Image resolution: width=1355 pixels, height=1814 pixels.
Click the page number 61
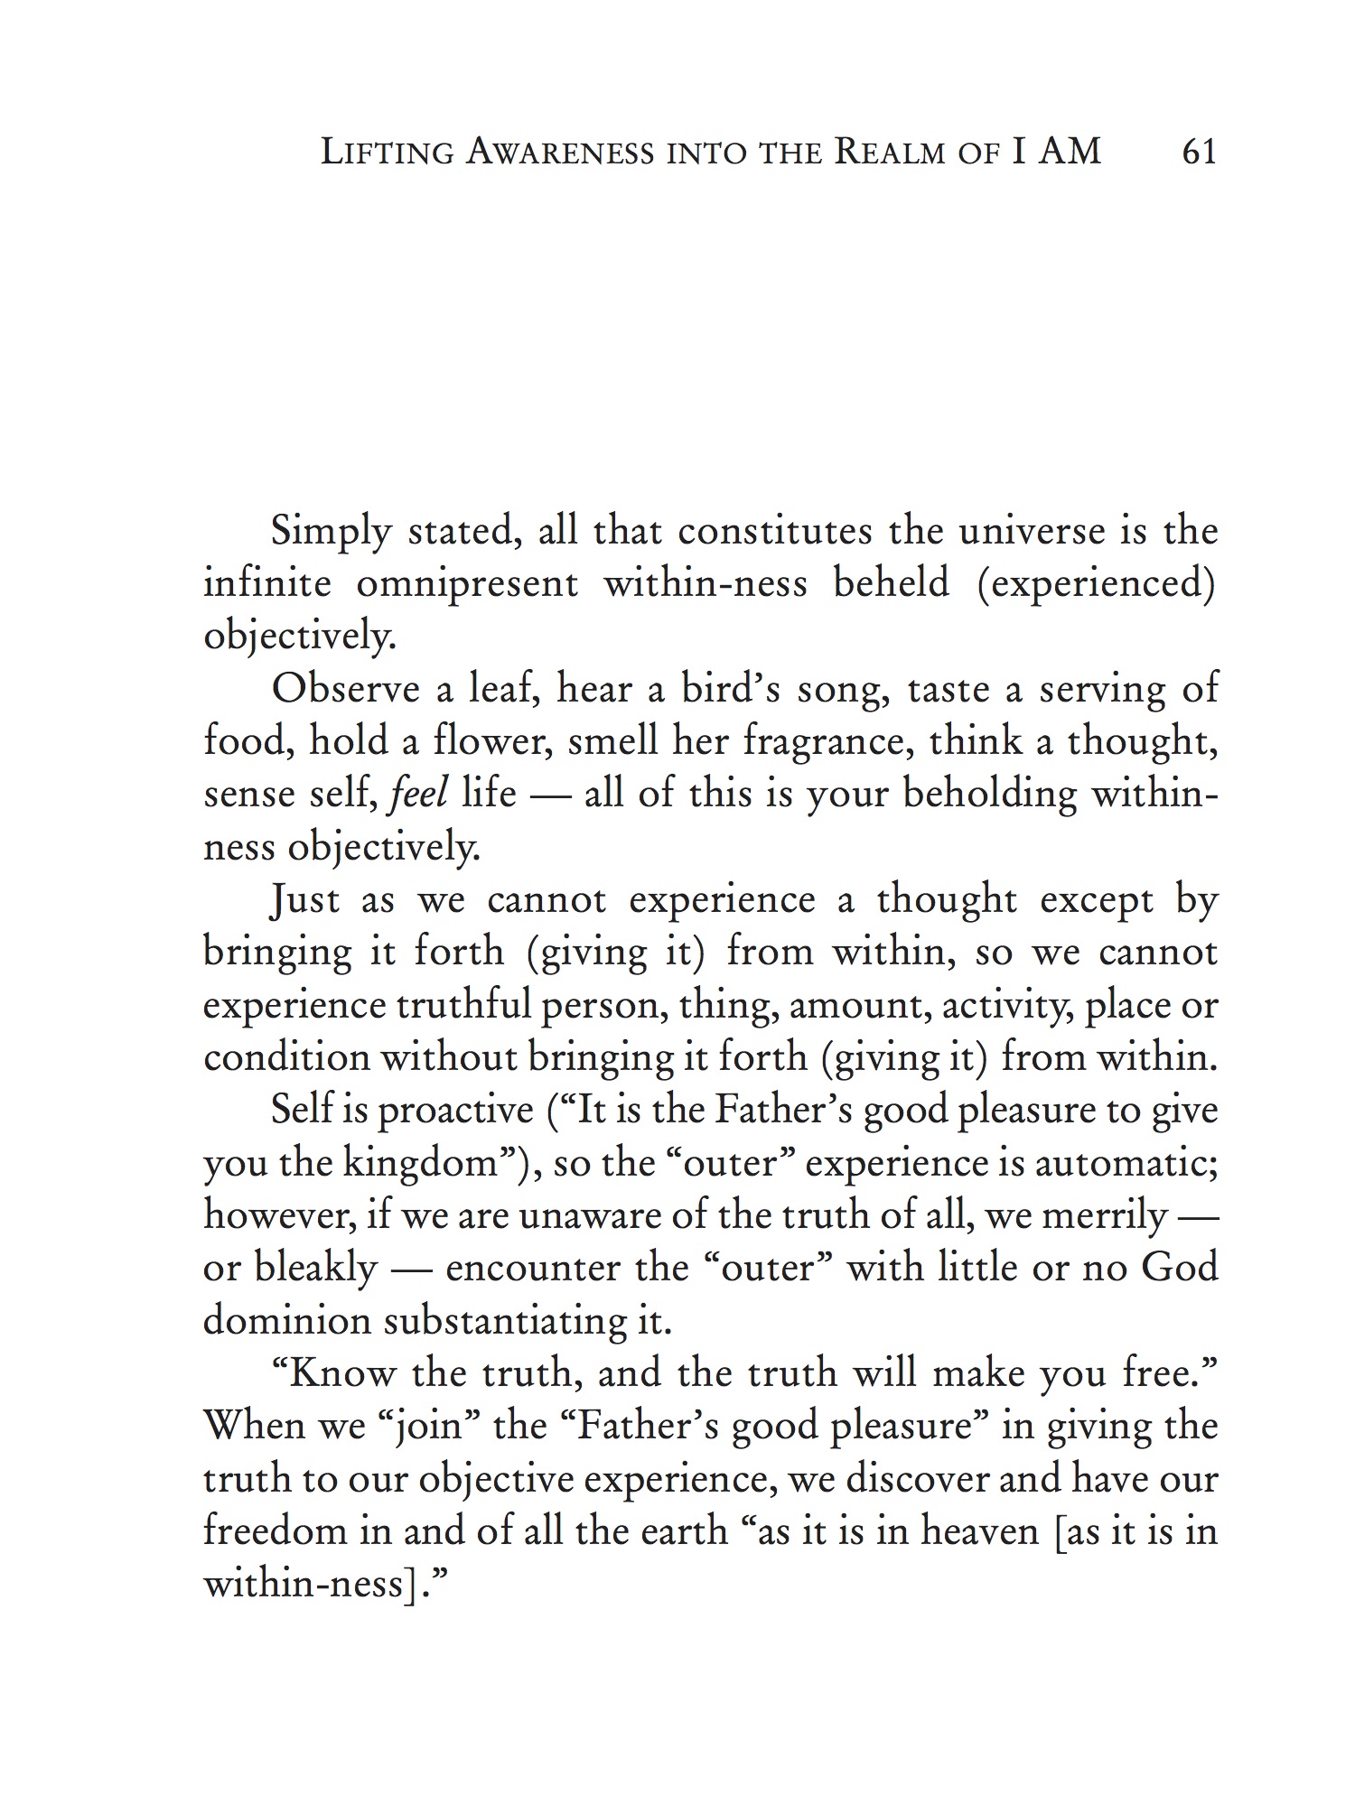pyautogui.click(x=1199, y=152)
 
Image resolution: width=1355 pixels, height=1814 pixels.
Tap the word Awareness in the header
pyautogui.click(x=559, y=152)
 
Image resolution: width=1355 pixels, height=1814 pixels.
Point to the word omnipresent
pyautogui.click(x=467, y=583)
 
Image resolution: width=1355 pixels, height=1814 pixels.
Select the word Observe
pyautogui.click(x=345, y=689)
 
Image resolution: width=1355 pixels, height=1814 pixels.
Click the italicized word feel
pyautogui.click(x=419, y=794)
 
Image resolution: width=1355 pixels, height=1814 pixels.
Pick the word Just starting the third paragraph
pyautogui.click(x=305, y=900)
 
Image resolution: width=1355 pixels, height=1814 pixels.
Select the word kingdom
pyautogui.click(x=420, y=1163)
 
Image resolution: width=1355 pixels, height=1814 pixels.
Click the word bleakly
pyautogui.click(x=315, y=1269)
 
